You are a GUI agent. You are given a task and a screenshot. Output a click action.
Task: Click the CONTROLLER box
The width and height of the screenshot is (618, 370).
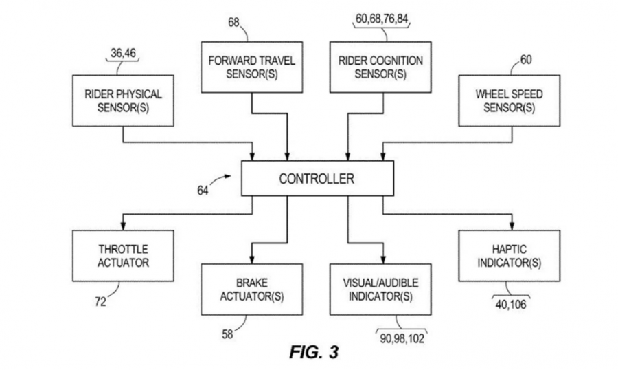pos(317,179)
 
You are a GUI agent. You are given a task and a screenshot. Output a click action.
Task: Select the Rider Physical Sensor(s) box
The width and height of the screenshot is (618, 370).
pos(124,100)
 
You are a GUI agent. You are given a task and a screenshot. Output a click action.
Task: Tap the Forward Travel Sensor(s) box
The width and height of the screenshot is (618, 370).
pos(251,67)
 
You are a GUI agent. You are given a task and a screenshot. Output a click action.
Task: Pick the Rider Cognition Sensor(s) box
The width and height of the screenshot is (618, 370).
pos(380,67)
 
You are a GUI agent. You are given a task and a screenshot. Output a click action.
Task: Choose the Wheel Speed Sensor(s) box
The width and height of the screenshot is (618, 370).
pos(505,100)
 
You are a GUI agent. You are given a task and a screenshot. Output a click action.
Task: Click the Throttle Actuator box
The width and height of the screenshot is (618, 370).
pos(124,255)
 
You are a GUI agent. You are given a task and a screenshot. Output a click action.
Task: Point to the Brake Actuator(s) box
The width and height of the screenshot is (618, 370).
pos(251,290)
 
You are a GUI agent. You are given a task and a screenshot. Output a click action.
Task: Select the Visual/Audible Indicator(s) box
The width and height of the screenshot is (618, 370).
pos(380,290)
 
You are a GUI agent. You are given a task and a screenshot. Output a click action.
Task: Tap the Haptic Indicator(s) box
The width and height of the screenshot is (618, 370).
pos(505,255)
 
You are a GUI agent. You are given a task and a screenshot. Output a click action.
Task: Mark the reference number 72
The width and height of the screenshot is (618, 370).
pos(100,301)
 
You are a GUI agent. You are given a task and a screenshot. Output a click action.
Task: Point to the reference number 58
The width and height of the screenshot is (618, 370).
pos(227,335)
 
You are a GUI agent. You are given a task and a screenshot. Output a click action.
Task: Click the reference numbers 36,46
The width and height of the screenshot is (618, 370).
pos(124,53)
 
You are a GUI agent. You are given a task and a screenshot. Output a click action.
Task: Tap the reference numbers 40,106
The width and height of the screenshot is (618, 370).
pos(509,303)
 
